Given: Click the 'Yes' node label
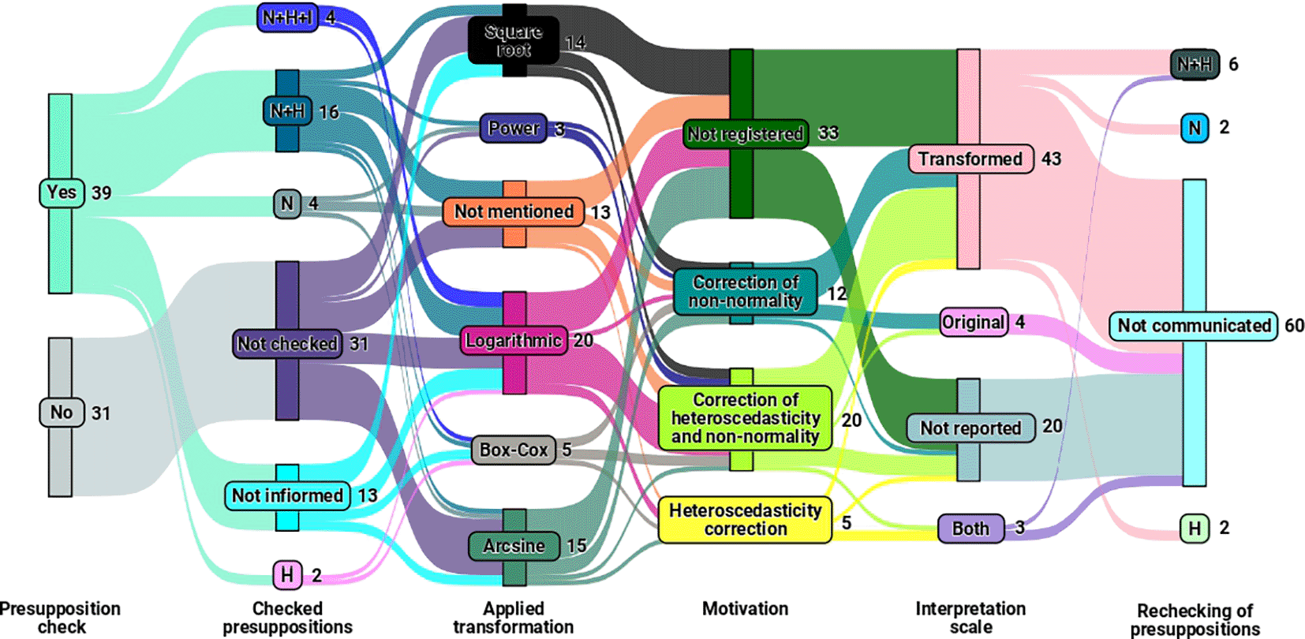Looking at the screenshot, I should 62,192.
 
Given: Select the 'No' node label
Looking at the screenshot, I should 62,413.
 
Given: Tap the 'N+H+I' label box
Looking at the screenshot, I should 288,17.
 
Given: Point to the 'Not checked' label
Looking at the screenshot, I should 288,344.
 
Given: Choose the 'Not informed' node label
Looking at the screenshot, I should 287,495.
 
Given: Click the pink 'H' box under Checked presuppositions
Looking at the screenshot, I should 287,575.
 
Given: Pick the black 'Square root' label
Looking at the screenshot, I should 514,40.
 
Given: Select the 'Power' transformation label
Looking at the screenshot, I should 514,128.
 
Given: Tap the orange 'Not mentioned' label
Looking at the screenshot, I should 514,211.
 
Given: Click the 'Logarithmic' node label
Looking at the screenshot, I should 514,341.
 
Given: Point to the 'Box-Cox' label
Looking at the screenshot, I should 514,450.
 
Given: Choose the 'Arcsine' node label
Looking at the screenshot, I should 514,546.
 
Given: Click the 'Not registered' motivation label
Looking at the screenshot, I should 746,134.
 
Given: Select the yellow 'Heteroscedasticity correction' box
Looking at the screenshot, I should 745,520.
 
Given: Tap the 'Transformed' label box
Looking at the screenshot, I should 970,159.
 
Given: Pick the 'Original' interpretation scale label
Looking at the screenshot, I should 974,322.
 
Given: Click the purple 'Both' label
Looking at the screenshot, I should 970,529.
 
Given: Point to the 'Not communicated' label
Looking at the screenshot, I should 1193,326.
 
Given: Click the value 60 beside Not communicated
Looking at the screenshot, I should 1294,326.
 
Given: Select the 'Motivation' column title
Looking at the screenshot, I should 745,609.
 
